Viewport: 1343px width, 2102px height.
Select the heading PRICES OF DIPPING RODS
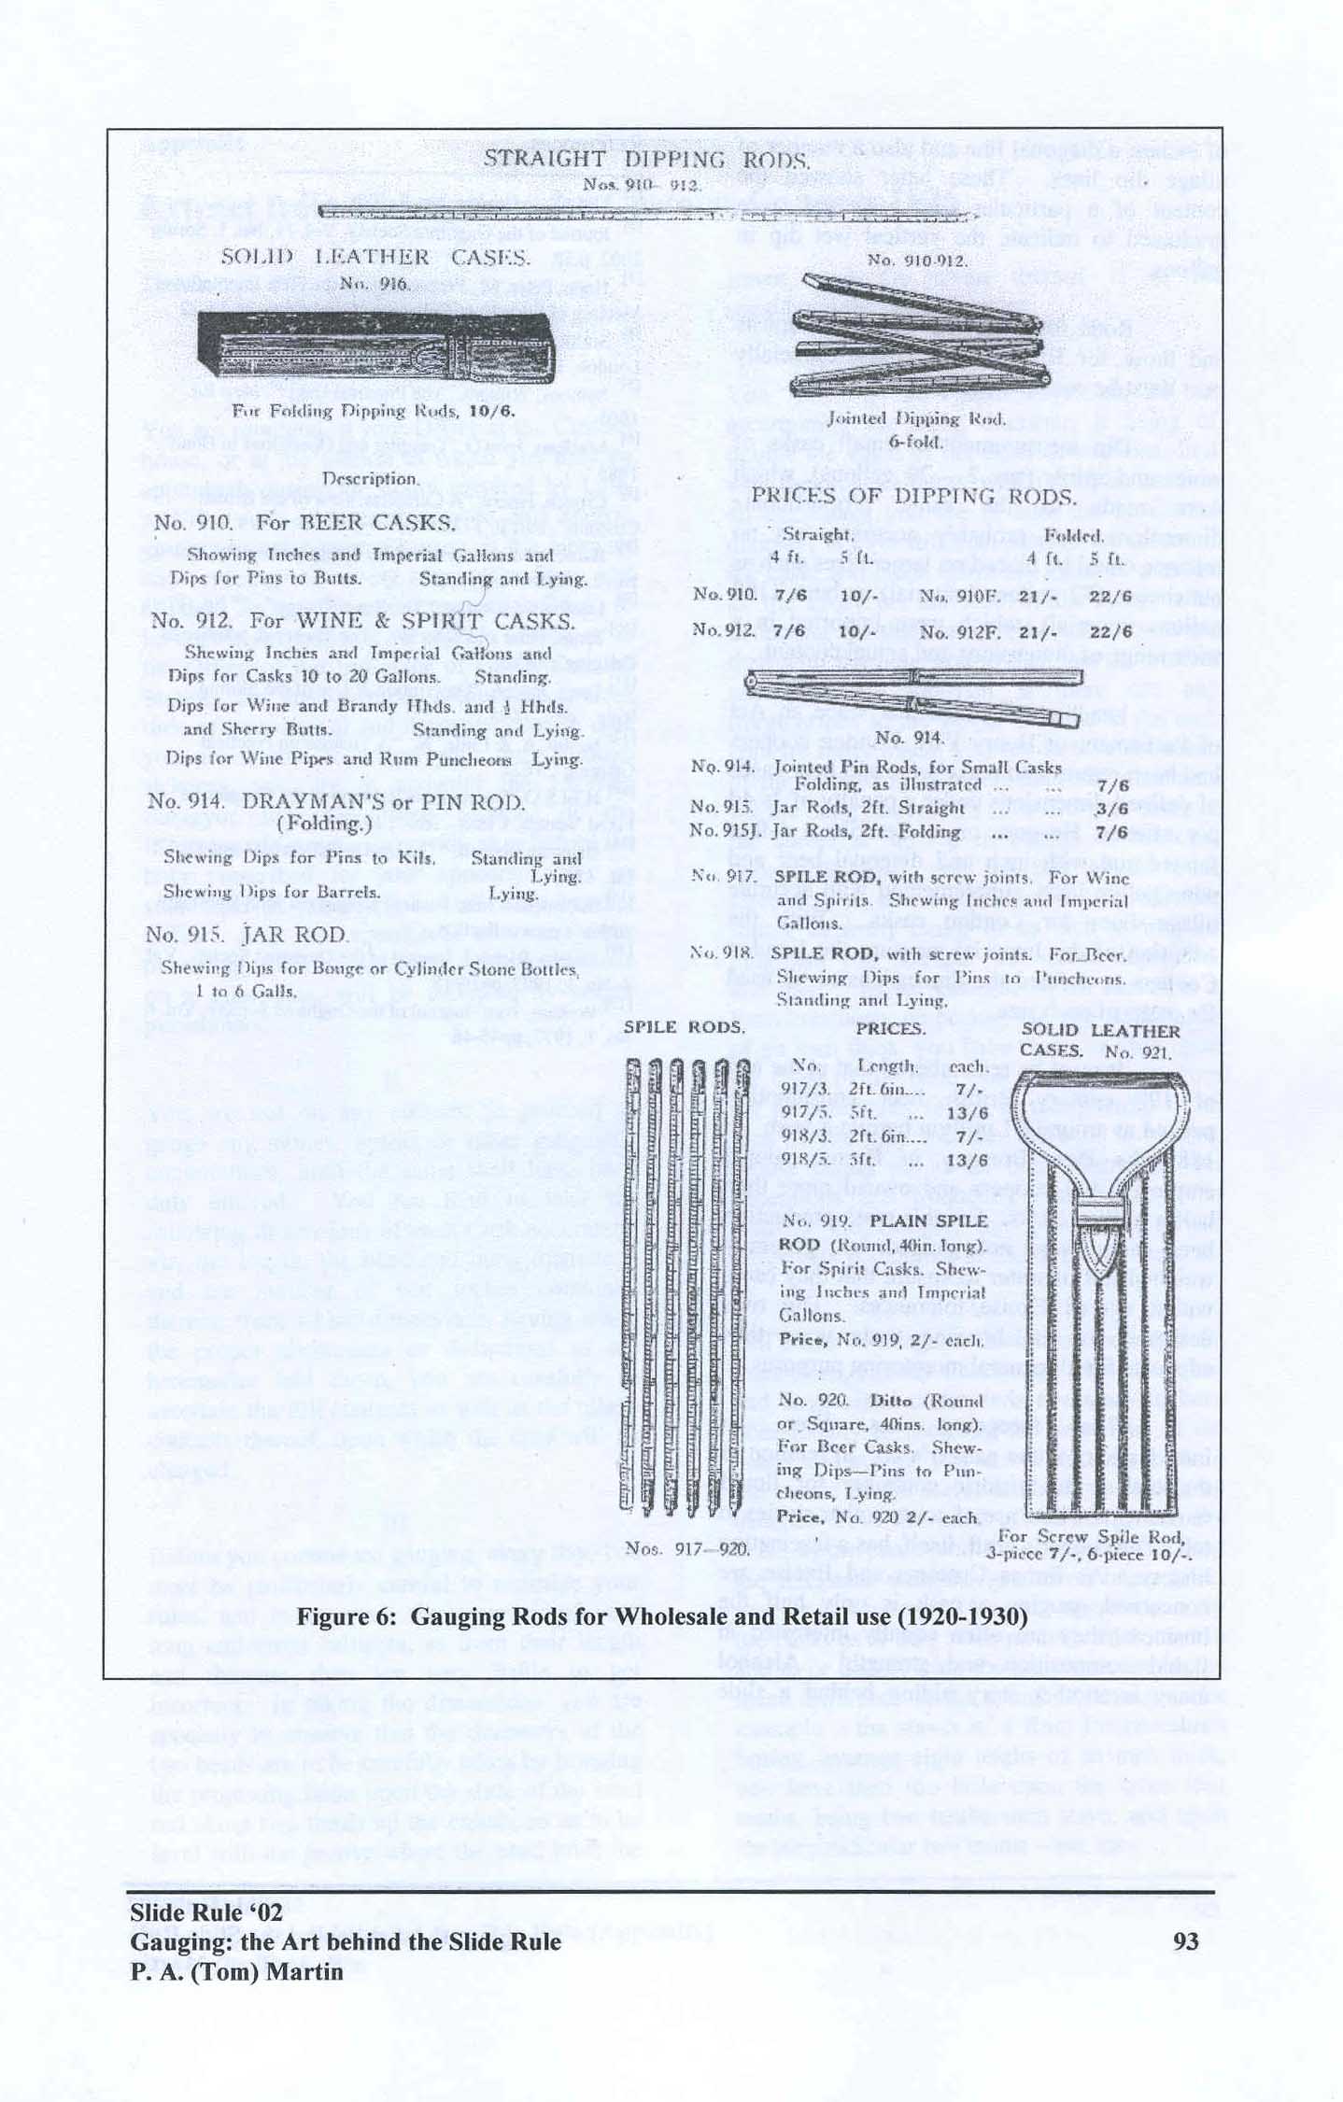click(x=913, y=496)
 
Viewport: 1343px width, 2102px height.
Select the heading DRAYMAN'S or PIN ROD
click(x=383, y=802)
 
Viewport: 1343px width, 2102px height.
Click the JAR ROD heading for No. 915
click(x=295, y=935)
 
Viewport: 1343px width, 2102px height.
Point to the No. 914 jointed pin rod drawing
click(x=912, y=696)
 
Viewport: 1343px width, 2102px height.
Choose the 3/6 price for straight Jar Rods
click(x=1111, y=808)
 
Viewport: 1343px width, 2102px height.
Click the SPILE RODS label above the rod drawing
click(x=684, y=1027)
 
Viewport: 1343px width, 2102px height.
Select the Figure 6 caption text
click(x=662, y=1616)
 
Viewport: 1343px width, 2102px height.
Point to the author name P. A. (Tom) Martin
click(x=236, y=1972)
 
